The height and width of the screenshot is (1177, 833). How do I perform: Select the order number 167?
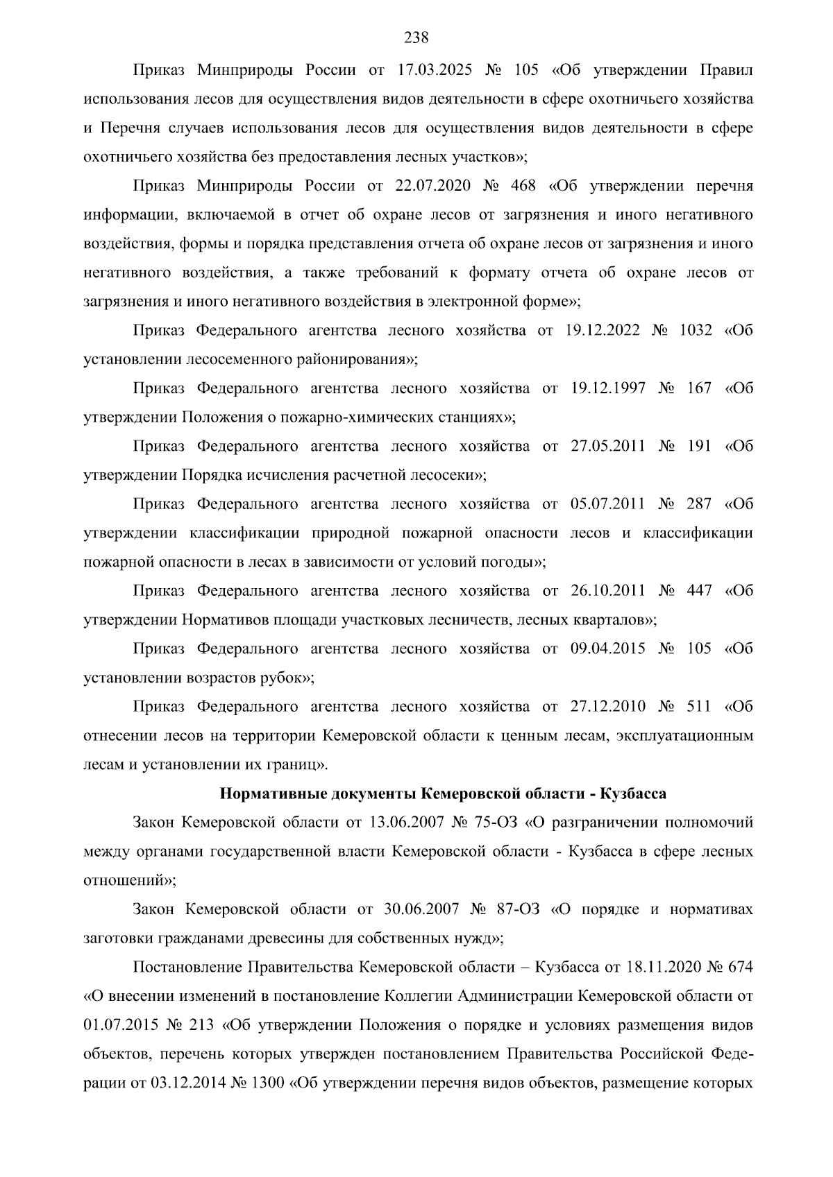point(698,388)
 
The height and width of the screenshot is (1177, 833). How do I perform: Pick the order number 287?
point(698,504)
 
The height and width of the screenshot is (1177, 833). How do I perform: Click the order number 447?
point(698,591)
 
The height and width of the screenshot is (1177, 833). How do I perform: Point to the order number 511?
point(698,706)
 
